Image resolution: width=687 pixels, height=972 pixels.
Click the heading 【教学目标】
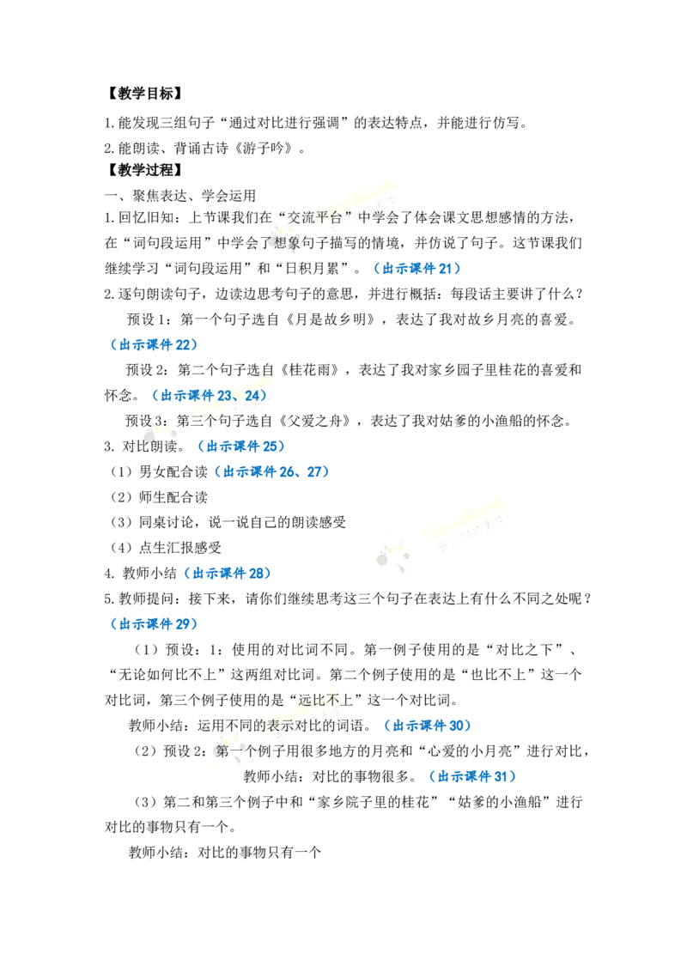[x=144, y=94]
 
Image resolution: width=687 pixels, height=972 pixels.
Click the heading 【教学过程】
[x=144, y=170]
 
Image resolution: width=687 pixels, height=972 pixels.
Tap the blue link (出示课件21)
[x=416, y=269]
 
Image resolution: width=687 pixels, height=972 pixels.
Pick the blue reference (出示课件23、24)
[x=210, y=396]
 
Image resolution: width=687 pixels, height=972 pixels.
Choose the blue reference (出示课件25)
[x=240, y=447]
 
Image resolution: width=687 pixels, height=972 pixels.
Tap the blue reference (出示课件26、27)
[x=271, y=471]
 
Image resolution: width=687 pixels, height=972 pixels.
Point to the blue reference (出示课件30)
[x=427, y=726]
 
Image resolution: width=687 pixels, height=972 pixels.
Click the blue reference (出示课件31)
[x=472, y=777]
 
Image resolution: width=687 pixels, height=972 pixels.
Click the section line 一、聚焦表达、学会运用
[x=179, y=196]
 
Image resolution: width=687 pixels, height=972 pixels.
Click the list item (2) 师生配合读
[x=159, y=497]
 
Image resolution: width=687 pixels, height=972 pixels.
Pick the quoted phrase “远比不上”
[x=325, y=701]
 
